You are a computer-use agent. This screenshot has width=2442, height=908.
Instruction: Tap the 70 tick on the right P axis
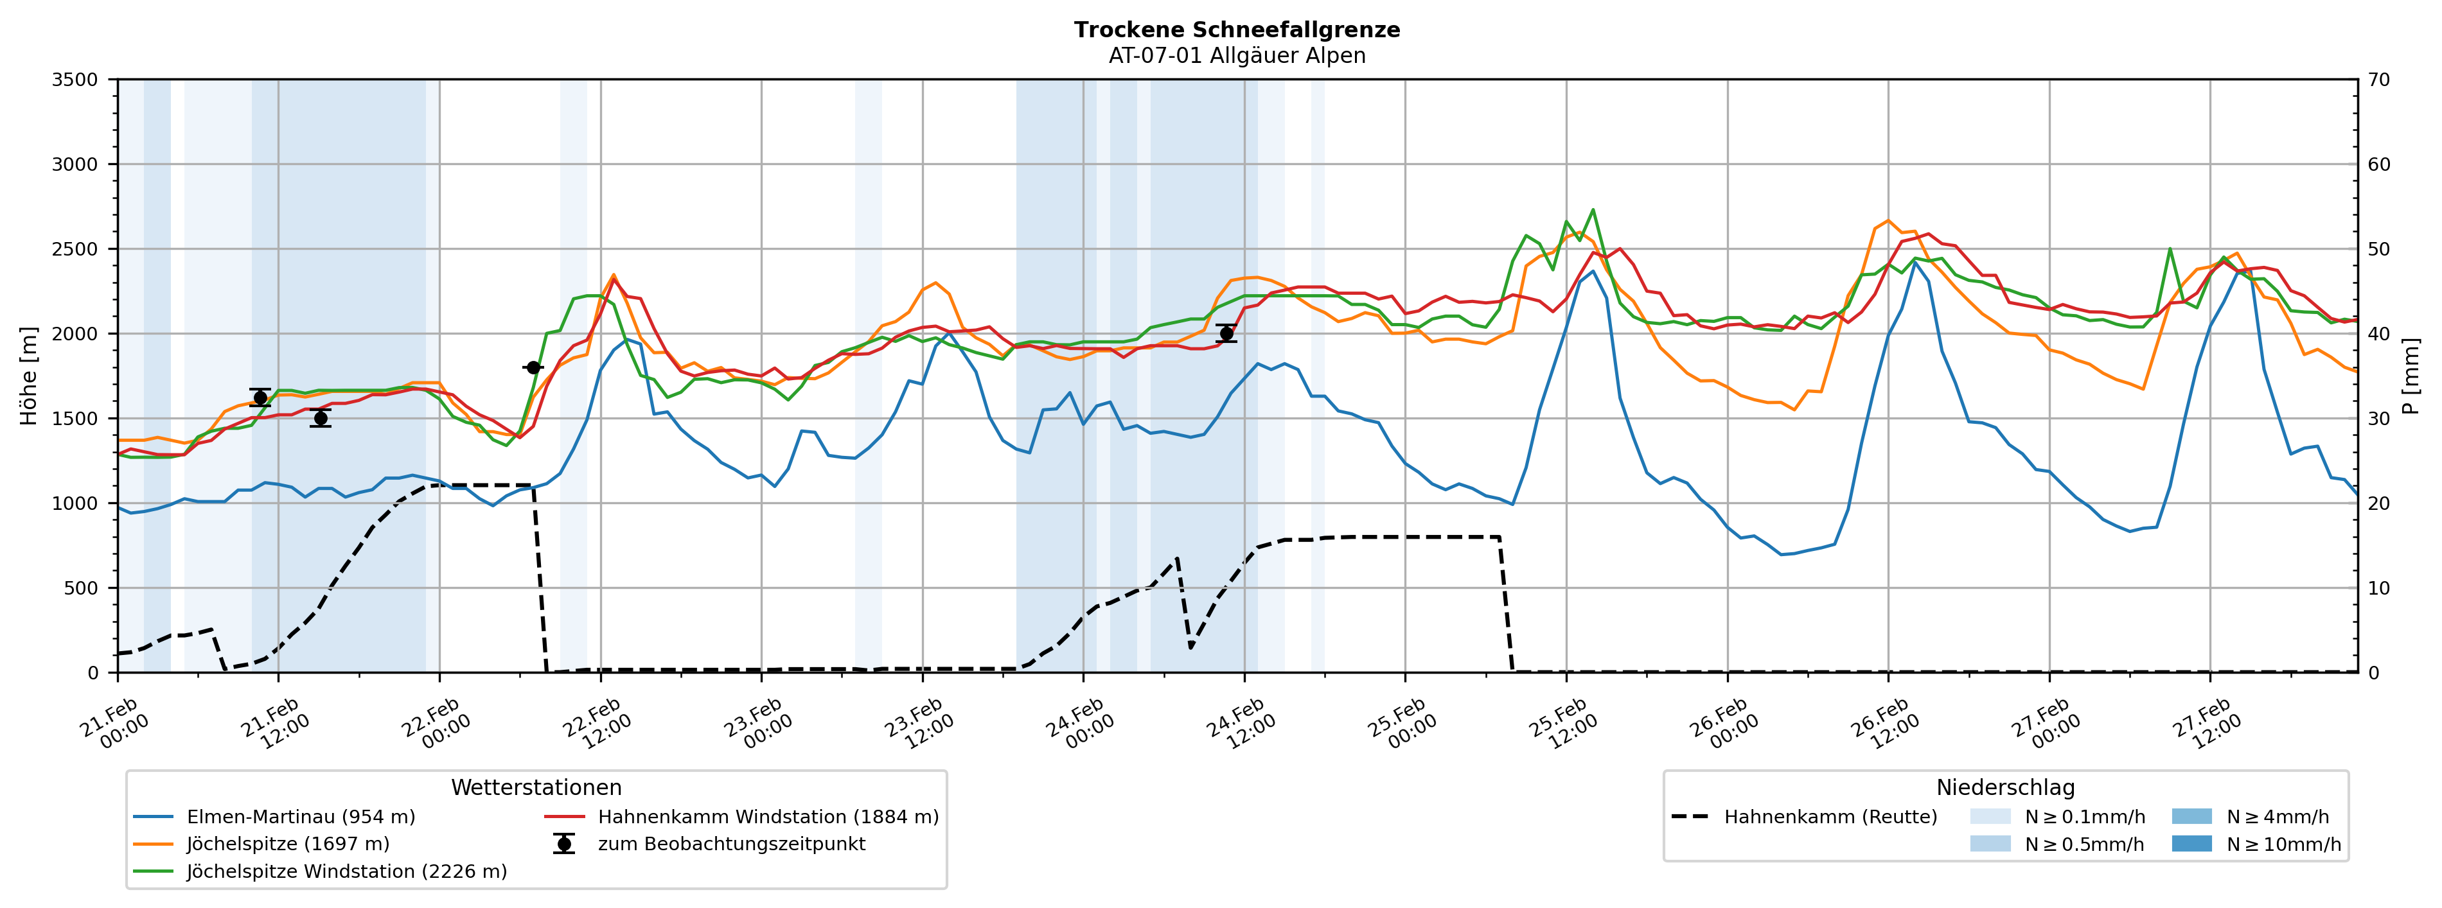(x=2378, y=80)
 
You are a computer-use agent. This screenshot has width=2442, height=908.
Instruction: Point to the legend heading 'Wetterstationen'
(x=536, y=788)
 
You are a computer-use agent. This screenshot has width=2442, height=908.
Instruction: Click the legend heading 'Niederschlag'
(x=2005, y=788)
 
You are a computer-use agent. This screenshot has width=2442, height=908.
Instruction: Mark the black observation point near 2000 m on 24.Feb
(x=1226, y=333)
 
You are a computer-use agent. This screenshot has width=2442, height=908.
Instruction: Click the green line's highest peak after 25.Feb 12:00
(x=1593, y=209)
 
